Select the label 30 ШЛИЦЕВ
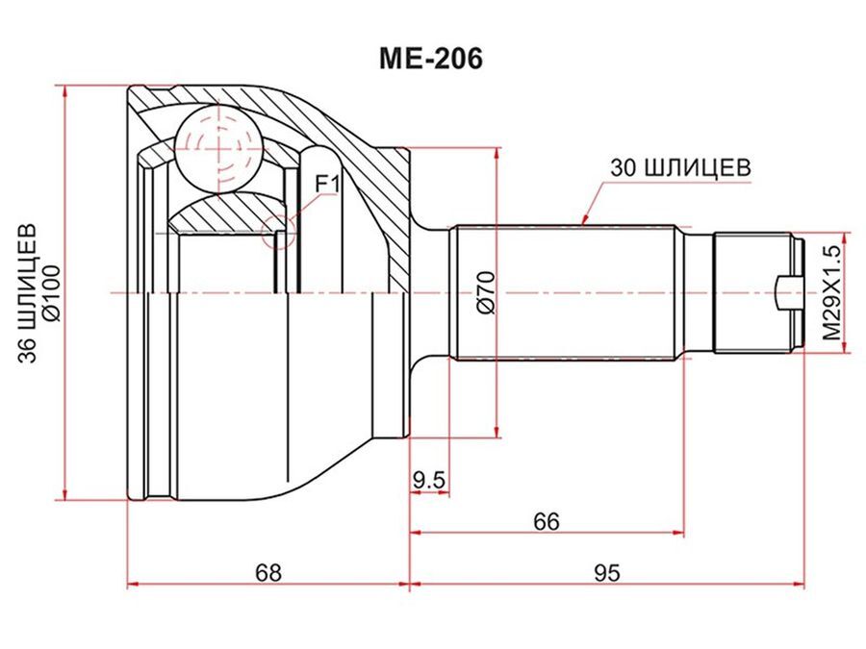point(679,166)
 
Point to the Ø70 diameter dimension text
point(485,293)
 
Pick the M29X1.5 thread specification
point(832,292)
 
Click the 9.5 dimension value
point(429,478)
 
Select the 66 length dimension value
point(546,521)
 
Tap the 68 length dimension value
point(268,572)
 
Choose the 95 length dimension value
point(605,572)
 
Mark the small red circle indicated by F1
point(278,230)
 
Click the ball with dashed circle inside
point(218,148)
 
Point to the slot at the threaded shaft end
point(787,292)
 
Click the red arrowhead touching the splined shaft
point(584,221)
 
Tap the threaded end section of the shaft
point(755,292)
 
